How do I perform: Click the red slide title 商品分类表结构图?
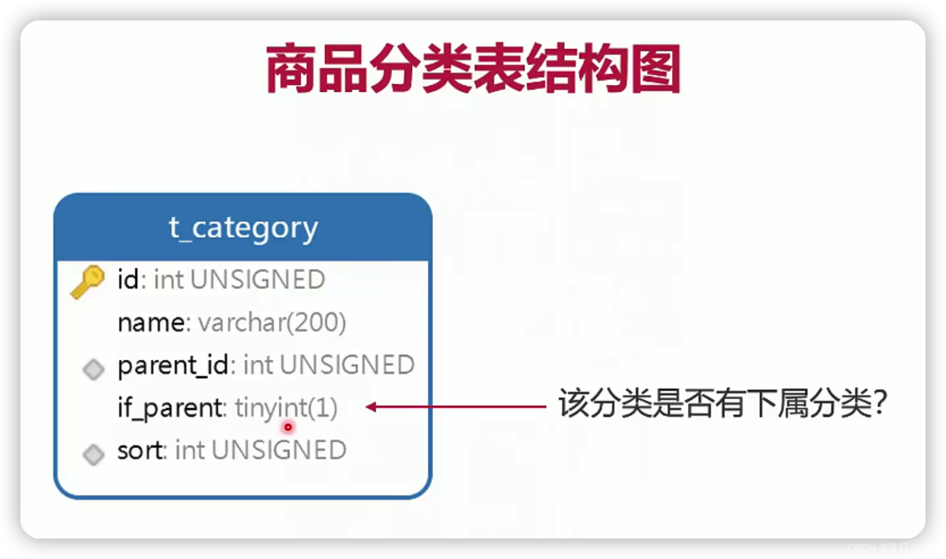coord(473,69)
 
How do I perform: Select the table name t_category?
coord(243,228)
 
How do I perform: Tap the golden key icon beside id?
coord(87,281)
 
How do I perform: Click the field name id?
coord(128,279)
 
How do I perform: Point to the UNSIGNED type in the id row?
coord(257,279)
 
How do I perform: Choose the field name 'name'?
coord(151,323)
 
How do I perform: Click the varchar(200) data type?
coord(271,323)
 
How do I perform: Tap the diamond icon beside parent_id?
coord(94,369)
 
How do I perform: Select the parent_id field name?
coord(173,365)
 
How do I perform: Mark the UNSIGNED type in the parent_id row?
coord(347,365)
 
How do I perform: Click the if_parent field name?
coord(170,408)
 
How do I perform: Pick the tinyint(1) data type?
coord(286,408)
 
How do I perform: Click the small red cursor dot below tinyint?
coord(288,427)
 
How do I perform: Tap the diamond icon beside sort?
coord(94,454)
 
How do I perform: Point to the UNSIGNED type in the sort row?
coord(279,450)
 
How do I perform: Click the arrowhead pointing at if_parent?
coord(371,407)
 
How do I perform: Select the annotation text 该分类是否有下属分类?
coord(721,404)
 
